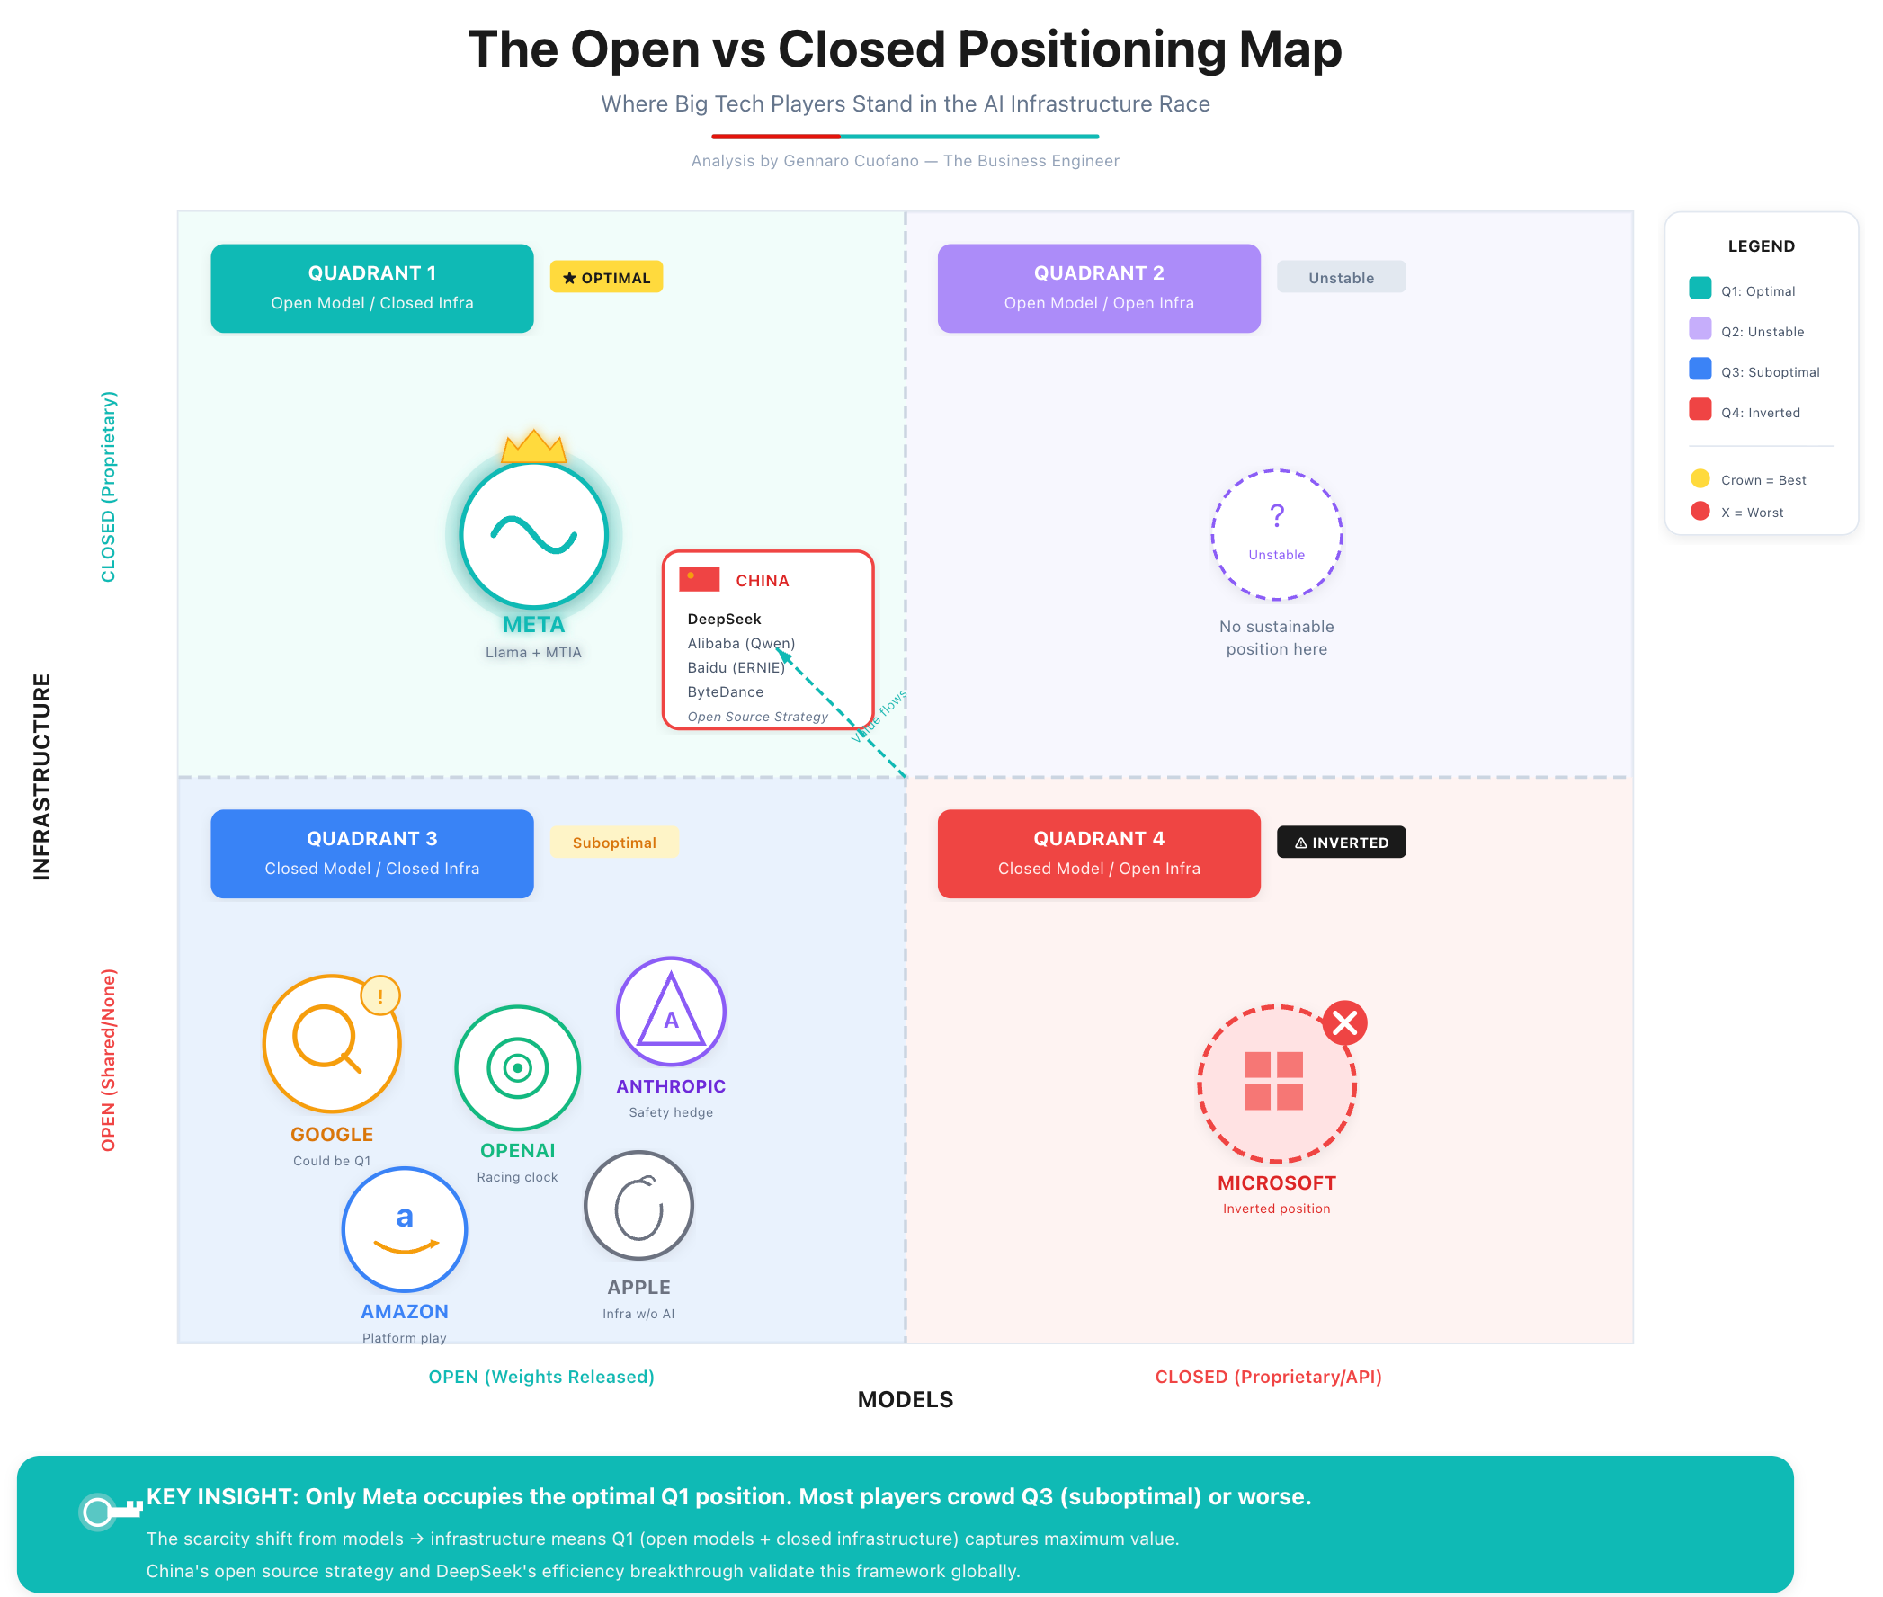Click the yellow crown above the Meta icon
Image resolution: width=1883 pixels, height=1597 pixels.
(x=533, y=446)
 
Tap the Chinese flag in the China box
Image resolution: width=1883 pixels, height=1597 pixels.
(x=699, y=579)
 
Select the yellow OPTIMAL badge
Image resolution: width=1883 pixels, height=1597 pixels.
(x=606, y=277)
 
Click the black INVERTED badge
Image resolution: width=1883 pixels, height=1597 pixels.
(x=1341, y=842)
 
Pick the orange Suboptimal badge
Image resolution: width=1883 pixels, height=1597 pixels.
(x=614, y=842)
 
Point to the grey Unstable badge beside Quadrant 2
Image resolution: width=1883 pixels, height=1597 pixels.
(x=1341, y=277)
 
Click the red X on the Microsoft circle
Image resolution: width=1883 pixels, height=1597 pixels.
(x=1344, y=1023)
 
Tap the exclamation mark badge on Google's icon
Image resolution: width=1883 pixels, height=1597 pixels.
(x=380, y=995)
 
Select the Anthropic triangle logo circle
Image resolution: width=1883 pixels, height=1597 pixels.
(x=671, y=1012)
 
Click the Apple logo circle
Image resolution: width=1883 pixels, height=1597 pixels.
(x=639, y=1206)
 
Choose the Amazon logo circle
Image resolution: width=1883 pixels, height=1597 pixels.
(x=405, y=1228)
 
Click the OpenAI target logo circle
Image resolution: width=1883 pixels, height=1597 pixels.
(x=517, y=1068)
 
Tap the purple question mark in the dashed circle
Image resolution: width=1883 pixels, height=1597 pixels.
(x=1276, y=515)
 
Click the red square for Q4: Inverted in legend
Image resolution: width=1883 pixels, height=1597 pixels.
(x=1700, y=409)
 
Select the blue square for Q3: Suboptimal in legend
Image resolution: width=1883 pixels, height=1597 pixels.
(x=1700, y=370)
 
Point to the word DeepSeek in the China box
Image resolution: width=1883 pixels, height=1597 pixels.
(x=724, y=620)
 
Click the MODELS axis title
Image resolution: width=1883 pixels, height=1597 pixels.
(x=906, y=1400)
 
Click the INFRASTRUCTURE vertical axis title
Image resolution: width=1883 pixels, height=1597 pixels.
(x=41, y=776)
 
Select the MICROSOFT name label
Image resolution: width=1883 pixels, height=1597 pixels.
(x=1276, y=1182)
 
